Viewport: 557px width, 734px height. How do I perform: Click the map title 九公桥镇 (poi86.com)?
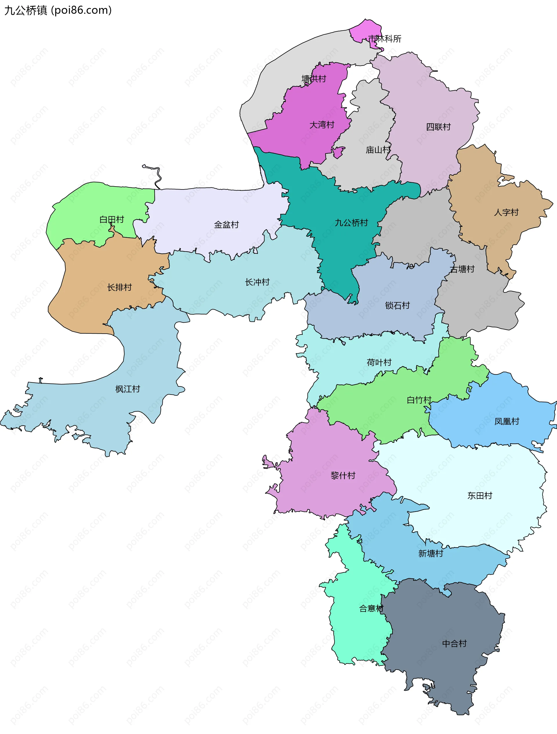click(58, 10)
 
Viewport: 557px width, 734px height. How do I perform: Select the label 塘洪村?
click(314, 79)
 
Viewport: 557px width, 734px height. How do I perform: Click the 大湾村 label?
click(322, 125)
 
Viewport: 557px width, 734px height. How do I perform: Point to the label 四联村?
click(438, 127)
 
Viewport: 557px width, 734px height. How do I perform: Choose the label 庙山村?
click(378, 150)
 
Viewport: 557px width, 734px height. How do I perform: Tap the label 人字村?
click(506, 212)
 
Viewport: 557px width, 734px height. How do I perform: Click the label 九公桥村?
click(351, 223)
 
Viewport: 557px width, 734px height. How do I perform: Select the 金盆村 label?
click(226, 225)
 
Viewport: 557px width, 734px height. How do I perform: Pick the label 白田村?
click(111, 219)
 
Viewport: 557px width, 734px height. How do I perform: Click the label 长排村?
click(120, 287)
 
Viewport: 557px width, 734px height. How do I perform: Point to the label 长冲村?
click(257, 282)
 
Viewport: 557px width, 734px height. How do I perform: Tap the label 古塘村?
click(462, 269)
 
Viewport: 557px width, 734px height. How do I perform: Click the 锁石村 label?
click(397, 305)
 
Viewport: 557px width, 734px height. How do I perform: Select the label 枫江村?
click(128, 389)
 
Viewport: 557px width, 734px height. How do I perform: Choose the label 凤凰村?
click(507, 422)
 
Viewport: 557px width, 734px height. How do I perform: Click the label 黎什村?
click(343, 476)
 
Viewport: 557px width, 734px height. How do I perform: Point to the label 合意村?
click(371, 608)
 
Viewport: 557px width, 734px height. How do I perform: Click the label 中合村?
click(454, 644)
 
